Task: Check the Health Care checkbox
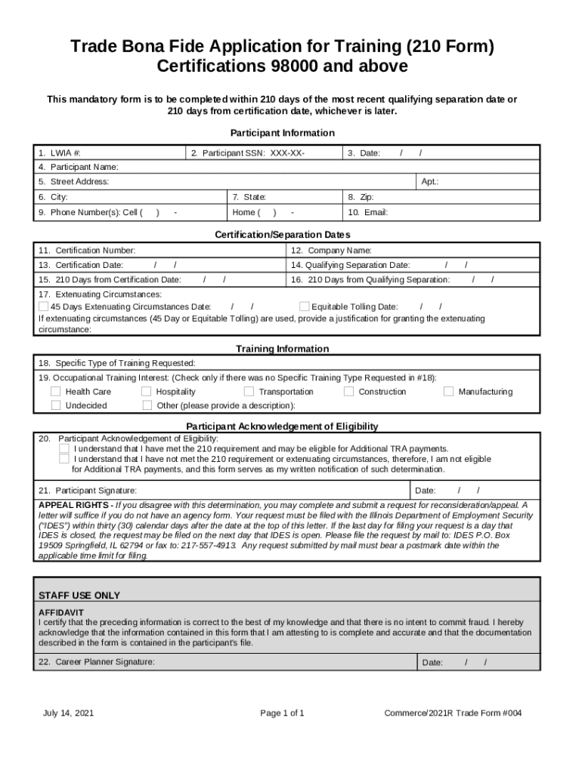coord(56,391)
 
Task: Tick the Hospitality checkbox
coord(147,391)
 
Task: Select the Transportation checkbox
coord(249,391)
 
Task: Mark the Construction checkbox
coord(348,391)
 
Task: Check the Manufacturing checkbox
coord(448,391)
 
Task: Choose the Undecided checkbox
coord(56,405)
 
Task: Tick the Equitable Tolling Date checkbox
coord(304,306)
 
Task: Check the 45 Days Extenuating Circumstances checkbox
coord(43,306)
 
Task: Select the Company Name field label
coord(331,250)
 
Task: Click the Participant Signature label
coord(88,490)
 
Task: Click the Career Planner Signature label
coord(97,661)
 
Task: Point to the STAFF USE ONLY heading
coord(79,596)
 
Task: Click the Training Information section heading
coord(283,349)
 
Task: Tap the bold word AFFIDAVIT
coord(61,611)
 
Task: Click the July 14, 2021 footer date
coord(69,713)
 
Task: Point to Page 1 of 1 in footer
coord(282,713)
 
